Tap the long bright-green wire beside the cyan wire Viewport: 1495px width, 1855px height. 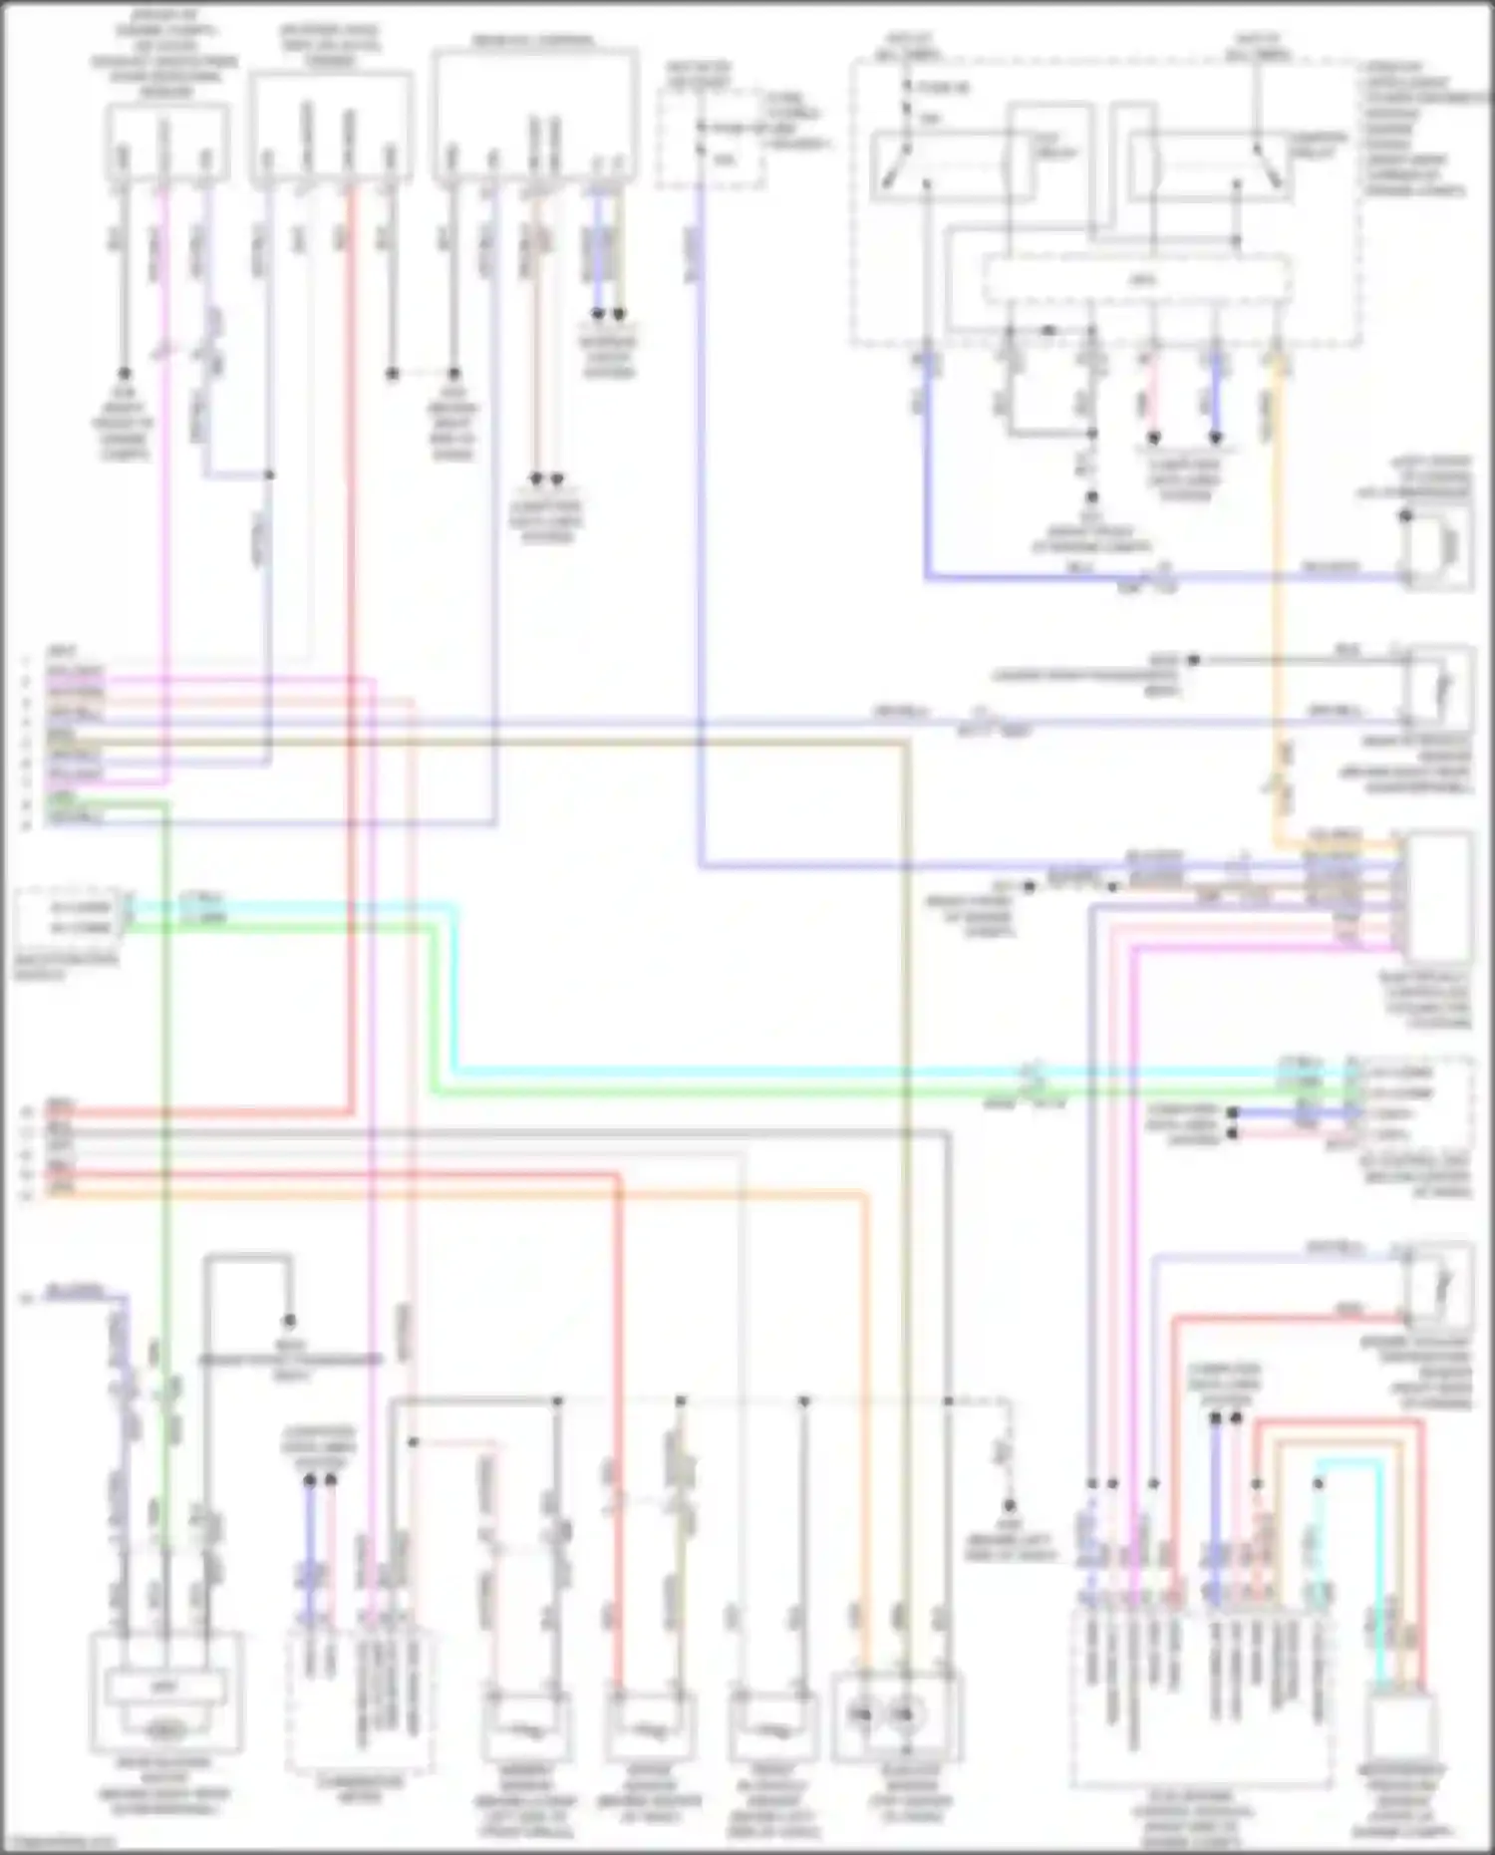pyautogui.click(x=797, y=1093)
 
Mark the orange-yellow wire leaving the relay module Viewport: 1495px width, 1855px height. pyautogui.click(x=1277, y=598)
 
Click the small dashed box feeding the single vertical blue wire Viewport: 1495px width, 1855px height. pyautogui.click(x=711, y=140)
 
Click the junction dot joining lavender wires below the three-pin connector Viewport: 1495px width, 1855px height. pyautogui.click(x=269, y=475)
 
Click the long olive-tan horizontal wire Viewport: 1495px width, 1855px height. pyautogui.click(x=498, y=743)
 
